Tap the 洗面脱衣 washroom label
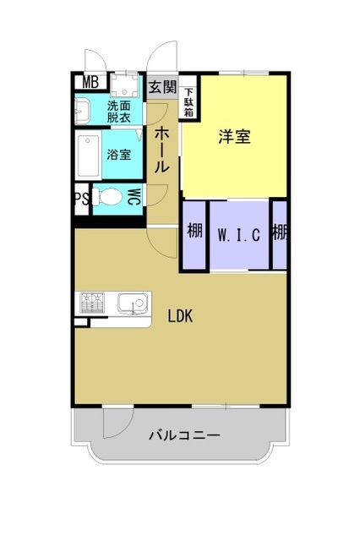tap(119, 111)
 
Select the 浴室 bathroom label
tap(118, 156)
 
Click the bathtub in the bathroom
tap(88, 156)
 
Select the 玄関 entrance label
tap(162, 87)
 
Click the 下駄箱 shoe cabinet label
tap(188, 101)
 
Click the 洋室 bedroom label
tap(234, 137)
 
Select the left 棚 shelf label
tap(194, 231)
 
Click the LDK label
tap(180, 317)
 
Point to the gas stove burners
tap(91, 302)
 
